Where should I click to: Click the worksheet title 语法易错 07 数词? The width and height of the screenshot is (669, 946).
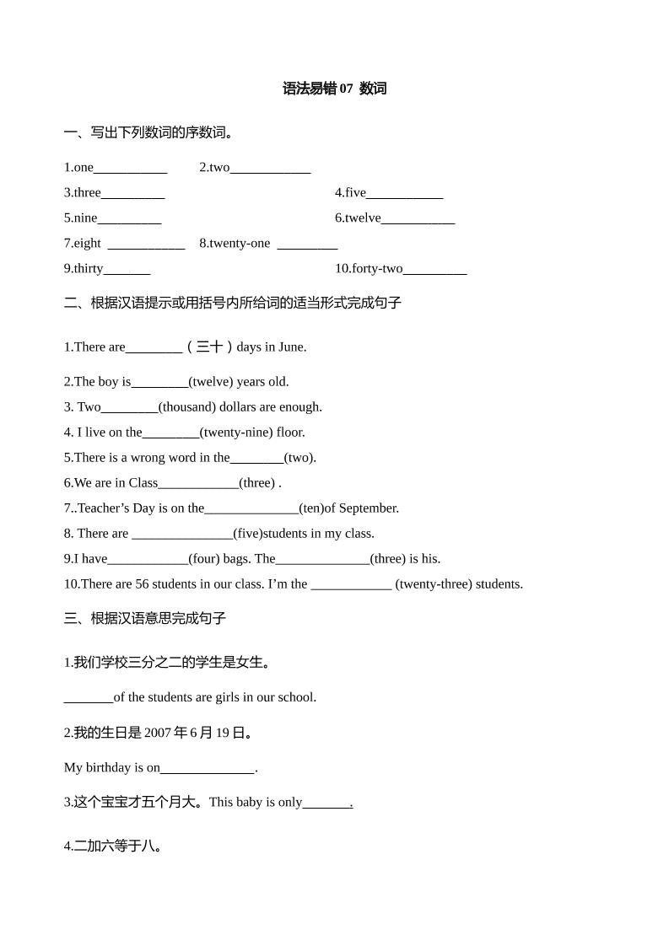(x=334, y=89)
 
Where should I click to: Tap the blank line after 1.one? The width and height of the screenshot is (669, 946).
(x=130, y=169)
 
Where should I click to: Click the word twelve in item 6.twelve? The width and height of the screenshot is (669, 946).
(x=363, y=218)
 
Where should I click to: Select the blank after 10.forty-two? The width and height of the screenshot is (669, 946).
(x=434, y=270)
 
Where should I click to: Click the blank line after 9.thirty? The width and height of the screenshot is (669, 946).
(x=127, y=270)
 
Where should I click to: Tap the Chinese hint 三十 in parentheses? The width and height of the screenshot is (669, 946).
(x=209, y=347)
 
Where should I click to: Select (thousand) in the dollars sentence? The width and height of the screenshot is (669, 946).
(x=186, y=406)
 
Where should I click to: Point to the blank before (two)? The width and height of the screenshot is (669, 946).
(x=256, y=459)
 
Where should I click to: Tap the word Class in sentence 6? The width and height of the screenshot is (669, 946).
(x=143, y=482)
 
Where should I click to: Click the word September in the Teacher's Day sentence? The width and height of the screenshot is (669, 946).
(x=369, y=508)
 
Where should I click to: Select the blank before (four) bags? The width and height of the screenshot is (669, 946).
(x=148, y=560)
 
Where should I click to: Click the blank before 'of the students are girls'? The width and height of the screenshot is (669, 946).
(x=89, y=698)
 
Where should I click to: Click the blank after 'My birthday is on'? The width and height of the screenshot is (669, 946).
(x=208, y=769)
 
